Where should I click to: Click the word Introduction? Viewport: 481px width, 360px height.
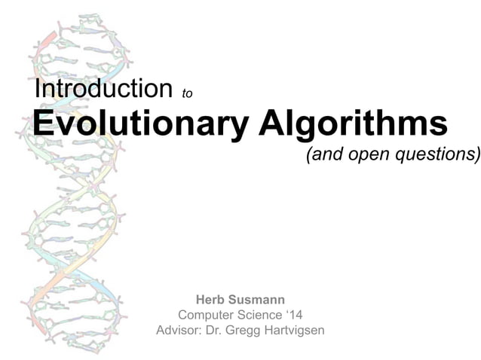click(104, 89)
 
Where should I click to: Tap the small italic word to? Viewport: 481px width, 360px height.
click(188, 93)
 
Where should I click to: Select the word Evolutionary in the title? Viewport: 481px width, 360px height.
click(139, 124)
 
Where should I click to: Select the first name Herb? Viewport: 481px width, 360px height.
click(212, 299)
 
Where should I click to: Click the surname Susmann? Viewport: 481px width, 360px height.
click(257, 299)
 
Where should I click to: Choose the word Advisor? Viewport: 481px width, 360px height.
click(179, 330)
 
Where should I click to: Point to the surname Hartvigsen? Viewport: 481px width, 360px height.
click(295, 330)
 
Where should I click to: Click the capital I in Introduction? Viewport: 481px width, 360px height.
click(38, 89)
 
